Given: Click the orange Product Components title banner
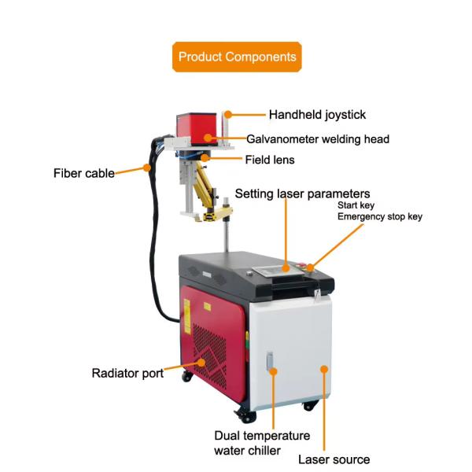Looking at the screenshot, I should click(237, 57).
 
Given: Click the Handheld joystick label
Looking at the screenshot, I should click(317, 115).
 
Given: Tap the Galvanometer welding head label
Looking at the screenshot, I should click(318, 139).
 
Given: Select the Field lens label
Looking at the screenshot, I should click(269, 159).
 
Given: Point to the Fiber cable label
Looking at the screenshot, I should click(83, 173).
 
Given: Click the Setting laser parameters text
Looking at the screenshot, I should click(302, 194).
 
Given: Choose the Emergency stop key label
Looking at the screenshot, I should click(380, 216).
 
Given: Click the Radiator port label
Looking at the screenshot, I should click(127, 373).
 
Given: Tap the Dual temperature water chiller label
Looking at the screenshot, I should click(262, 443).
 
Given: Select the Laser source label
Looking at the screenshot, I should click(334, 459).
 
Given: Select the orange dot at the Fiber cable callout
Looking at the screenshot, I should click(146, 167).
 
